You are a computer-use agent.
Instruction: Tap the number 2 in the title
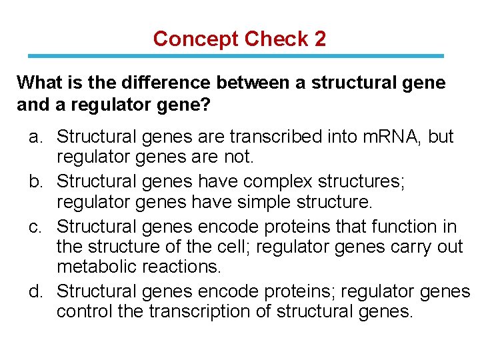pyautogui.click(x=320, y=39)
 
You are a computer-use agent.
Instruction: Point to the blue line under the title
pyautogui.click(x=239, y=56)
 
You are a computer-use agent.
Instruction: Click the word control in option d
pyautogui.click(x=83, y=312)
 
